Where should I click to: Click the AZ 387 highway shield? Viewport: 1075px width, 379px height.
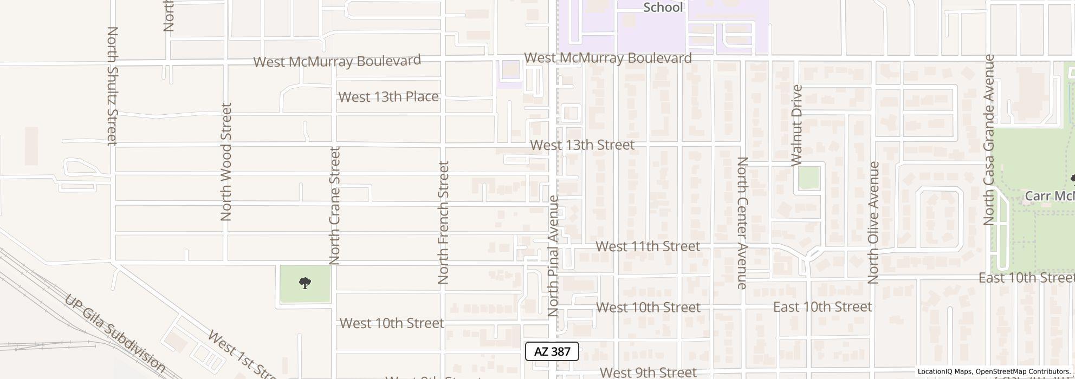pyautogui.click(x=552, y=351)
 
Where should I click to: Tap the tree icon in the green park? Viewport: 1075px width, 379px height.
pyautogui.click(x=305, y=283)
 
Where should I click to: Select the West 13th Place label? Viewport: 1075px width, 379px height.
pyautogui.click(x=388, y=97)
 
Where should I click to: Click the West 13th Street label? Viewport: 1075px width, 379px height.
pyautogui.click(x=582, y=145)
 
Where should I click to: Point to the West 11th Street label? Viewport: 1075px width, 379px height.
pyautogui.click(x=647, y=246)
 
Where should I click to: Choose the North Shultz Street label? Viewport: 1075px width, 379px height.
pyautogui.click(x=112, y=86)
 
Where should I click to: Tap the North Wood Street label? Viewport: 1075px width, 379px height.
pyautogui.click(x=226, y=162)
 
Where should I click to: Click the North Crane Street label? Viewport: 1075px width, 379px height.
pyautogui.click(x=334, y=206)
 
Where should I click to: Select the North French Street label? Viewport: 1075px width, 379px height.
pyautogui.click(x=443, y=223)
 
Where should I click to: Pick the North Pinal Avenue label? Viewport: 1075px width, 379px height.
pyautogui.click(x=553, y=256)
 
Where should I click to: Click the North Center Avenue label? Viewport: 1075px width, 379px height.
pyautogui.click(x=742, y=223)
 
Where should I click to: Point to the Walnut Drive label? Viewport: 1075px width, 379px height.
pyautogui.click(x=796, y=125)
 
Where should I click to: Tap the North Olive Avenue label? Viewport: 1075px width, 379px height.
pyautogui.click(x=873, y=223)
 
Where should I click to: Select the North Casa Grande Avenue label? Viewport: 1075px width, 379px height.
pyautogui.click(x=989, y=140)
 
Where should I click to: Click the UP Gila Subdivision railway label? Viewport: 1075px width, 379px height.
pyautogui.click(x=115, y=334)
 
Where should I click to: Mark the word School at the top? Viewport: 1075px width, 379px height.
pyautogui.click(x=663, y=7)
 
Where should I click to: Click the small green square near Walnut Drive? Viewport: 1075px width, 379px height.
pyautogui.click(x=808, y=178)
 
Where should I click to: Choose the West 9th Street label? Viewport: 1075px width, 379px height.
pyautogui.click(x=647, y=373)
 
